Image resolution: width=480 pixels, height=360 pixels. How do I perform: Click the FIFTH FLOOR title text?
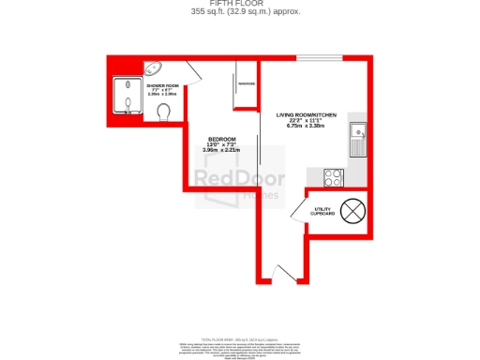click(239, 4)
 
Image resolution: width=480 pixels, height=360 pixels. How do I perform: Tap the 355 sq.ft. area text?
click(239, 12)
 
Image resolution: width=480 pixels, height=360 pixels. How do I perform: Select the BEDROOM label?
click(222, 139)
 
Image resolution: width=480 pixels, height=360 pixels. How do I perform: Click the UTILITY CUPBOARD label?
click(323, 212)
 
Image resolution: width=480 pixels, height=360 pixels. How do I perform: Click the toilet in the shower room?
click(166, 112)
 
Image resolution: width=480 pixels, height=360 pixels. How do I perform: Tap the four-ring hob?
click(333, 176)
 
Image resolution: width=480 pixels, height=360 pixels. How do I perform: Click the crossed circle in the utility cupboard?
click(353, 211)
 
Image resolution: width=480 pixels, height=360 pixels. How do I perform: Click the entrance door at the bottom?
click(278, 272)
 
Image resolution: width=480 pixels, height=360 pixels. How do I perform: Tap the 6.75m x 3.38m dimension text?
click(306, 127)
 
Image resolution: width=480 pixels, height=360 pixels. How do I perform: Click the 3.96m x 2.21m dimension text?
click(222, 150)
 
